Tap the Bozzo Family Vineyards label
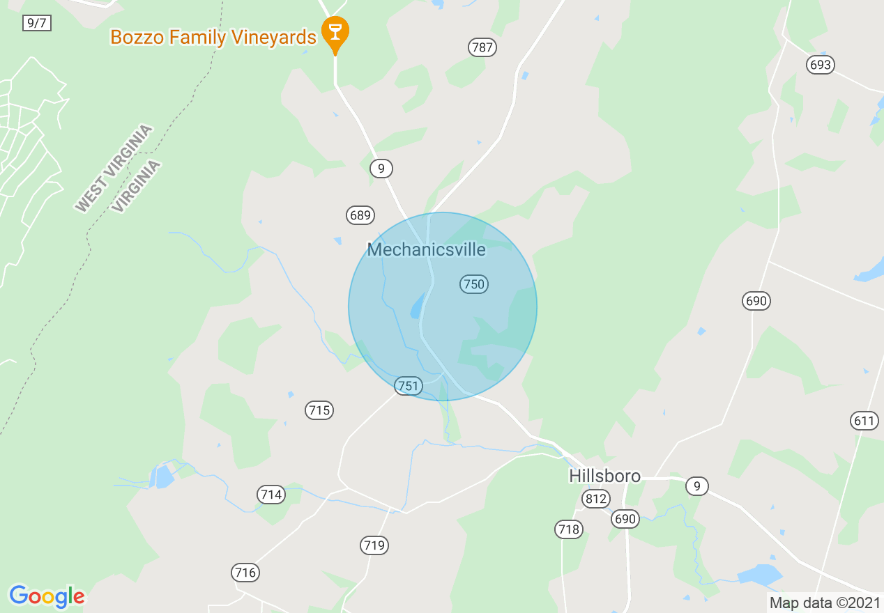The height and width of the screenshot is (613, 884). (x=213, y=37)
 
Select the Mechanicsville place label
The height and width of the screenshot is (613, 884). (x=426, y=249)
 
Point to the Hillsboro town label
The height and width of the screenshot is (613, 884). (x=604, y=476)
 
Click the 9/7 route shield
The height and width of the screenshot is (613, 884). (x=36, y=23)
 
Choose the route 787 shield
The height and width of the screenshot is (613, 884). (x=482, y=47)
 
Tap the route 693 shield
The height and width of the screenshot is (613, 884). (x=821, y=65)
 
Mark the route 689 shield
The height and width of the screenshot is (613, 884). (x=360, y=215)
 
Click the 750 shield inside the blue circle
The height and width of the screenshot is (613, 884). (x=473, y=284)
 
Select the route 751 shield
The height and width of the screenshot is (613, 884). (x=409, y=385)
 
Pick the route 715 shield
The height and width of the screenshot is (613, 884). (x=319, y=410)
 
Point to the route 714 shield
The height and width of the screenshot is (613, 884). (x=270, y=495)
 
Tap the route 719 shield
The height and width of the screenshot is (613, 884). (x=374, y=545)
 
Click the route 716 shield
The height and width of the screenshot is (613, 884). (x=245, y=573)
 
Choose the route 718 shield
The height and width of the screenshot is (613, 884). (x=569, y=529)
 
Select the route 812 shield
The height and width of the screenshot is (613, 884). (x=595, y=499)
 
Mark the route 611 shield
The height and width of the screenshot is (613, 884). (x=864, y=420)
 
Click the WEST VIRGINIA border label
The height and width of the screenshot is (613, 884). (x=114, y=168)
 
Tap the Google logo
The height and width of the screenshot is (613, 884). (x=47, y=596)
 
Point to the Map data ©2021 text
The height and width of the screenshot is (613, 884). (x=823, y=603)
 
